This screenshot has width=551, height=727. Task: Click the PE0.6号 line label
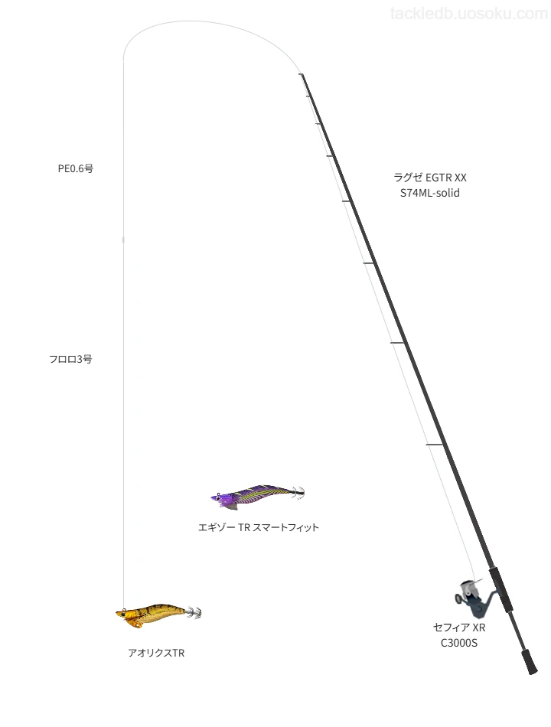click(76, 169)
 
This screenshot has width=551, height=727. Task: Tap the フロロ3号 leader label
click(70, 359)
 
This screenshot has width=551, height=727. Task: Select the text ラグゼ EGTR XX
click(430, 178)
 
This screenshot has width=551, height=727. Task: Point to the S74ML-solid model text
click(430, 193)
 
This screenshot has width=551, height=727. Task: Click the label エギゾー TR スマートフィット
click(259, 527)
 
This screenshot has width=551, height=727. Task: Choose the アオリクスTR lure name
click(156, 653)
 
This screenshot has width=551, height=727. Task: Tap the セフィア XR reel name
click(459, 628)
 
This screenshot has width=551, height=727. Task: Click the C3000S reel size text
click(459, 643)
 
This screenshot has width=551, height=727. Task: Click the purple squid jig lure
click(257, 496)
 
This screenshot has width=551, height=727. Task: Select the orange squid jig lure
click(158, 615)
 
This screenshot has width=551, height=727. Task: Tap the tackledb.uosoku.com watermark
click(469, 14)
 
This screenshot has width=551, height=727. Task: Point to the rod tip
click(301, 74)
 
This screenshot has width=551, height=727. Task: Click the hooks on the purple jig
click(298, 492)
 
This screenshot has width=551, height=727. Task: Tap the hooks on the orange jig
click(194, 612)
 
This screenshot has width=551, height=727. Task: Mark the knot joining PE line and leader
click(123, 240)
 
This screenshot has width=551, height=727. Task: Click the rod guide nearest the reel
click(435, 445)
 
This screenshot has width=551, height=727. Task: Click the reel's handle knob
click(458, 599)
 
